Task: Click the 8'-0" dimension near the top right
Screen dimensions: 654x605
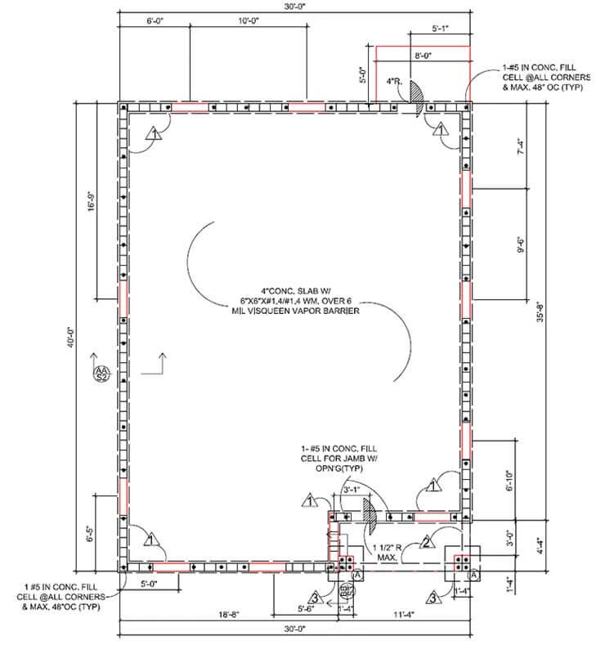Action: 423,56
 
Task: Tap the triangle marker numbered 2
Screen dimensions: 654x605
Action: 427,542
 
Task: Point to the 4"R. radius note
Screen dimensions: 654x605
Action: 394,82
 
